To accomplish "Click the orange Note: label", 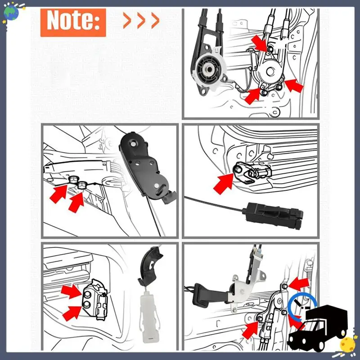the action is [x=73, y=22].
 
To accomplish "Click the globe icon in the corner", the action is [x=11, y=13].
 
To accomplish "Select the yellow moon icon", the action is [x=347, y=344].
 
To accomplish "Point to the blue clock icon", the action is [x=301, y=306].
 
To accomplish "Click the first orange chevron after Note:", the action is [x=127, y=20].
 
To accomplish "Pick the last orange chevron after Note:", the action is [x=155, y=20].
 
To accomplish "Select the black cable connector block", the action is [x=273, y=216].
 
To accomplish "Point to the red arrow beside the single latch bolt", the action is [x=223, y=183].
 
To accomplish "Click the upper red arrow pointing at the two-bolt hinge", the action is [x=72, y=291].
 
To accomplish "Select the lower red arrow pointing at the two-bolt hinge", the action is [x=72, y=313].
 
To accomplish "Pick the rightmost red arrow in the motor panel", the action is [x=294, y=85].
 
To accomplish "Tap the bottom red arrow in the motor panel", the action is [x=252, y=96].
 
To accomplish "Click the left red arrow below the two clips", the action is [x=58, y=194].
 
